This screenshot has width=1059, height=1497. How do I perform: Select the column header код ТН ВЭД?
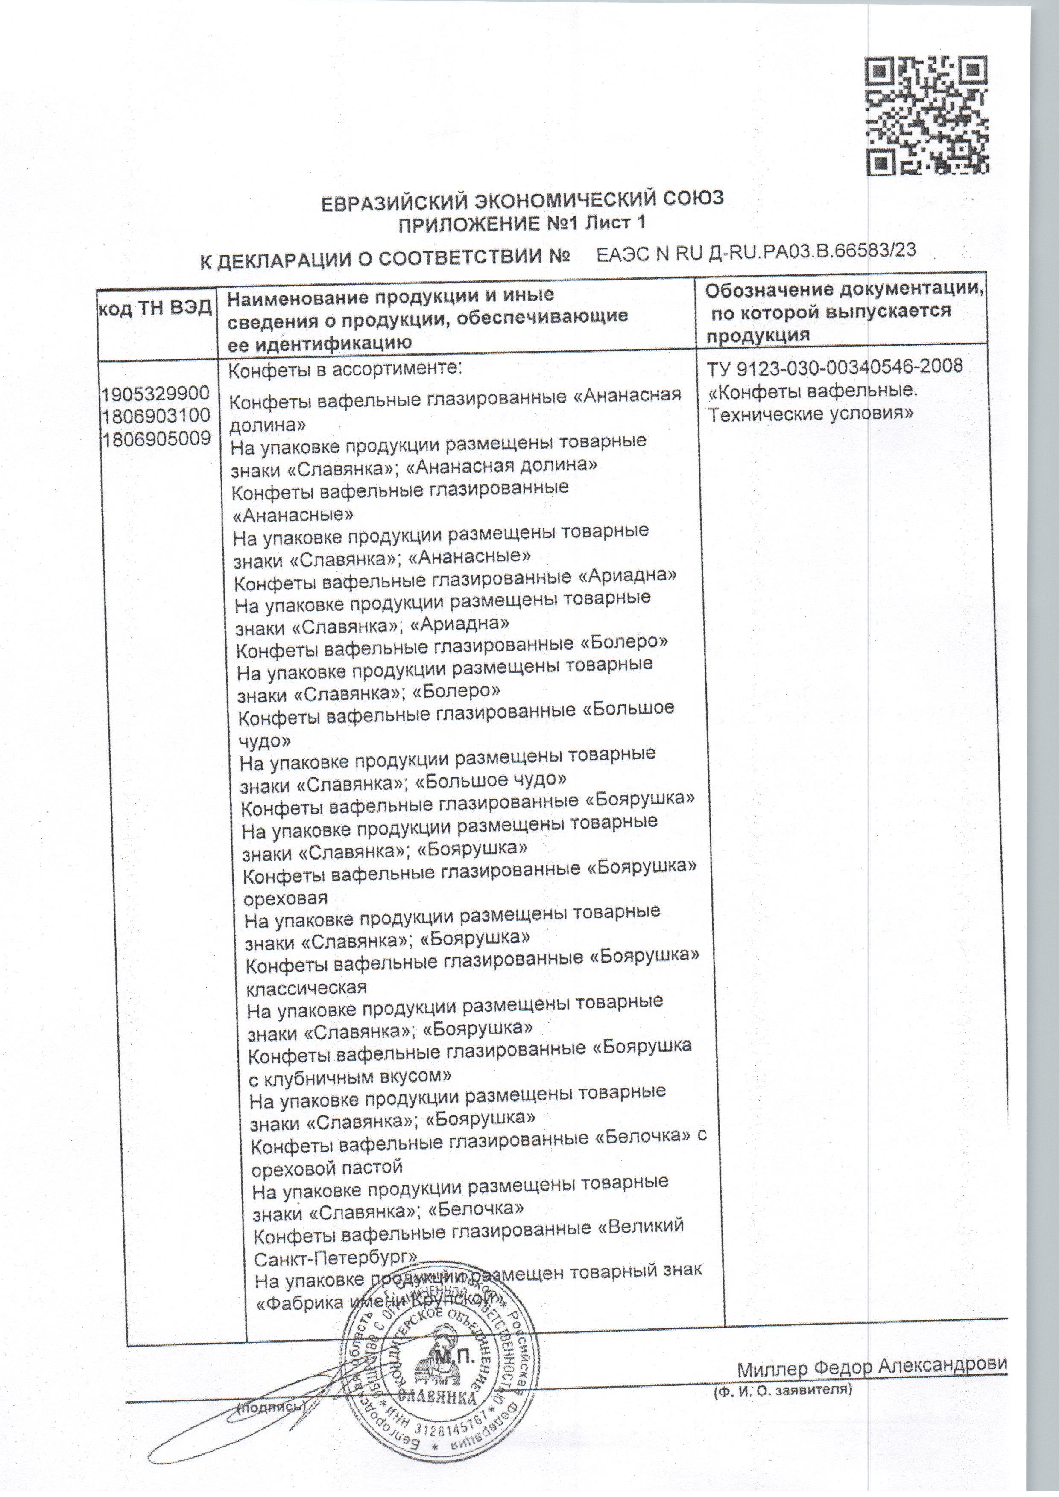pyautogui.click(x=155, y=308)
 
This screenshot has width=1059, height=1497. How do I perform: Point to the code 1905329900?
pyautogui.click(x=155, y=393)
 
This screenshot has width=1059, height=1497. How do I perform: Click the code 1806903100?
pyautogui.click(x=155, y=415)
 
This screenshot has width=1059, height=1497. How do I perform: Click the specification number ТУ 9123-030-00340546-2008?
pyautogui.click(x=835, y=367)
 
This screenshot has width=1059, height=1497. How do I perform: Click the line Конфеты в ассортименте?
pyautogui.click(x=345, y=369)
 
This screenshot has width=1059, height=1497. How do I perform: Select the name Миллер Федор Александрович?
pyautogui.click(x=872, y=1365)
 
